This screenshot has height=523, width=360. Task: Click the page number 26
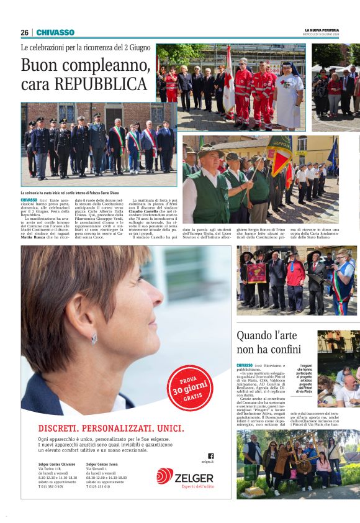pyautogui.click(x=24, y=32)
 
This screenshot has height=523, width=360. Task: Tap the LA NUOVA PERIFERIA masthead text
pyautogui.click(x=322, y=30)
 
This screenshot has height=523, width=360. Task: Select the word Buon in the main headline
pyautogui.click(x=41, y=65)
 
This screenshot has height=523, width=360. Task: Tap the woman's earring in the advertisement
pyautogui.click(x=94, y=339)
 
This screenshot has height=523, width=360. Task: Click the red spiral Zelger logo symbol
pyautogui.click(x=164, y=476)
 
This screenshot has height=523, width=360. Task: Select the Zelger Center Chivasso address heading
pyautogui.click(x=56, y=464)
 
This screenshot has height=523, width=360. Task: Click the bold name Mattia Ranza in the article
pyautogui.click(x=35, y=237)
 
